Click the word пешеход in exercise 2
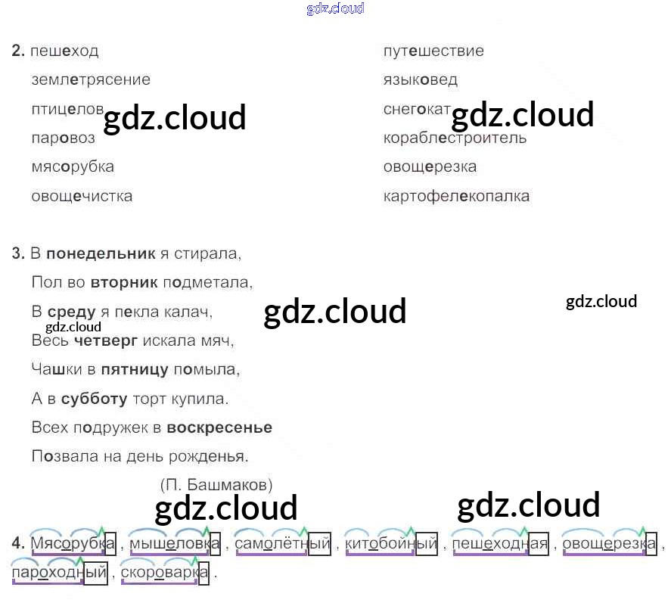pos(65,51)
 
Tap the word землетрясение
pos(91,79)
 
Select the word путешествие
pos(433,51)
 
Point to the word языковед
pos(421,79)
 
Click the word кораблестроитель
pos(455,138)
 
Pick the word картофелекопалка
pos(456,196)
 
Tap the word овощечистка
pos(82,196)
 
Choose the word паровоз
pos(64,138)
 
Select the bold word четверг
pos(106,340)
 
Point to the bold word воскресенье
pos(219,427)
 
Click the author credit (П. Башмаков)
pos(216,485)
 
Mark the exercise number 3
pos(19,253)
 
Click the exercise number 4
pos(19,543)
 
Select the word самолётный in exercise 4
pos(282,543)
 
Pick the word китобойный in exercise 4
pos(390,543)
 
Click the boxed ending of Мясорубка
pos(110,543)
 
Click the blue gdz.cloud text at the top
pos(335,8)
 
